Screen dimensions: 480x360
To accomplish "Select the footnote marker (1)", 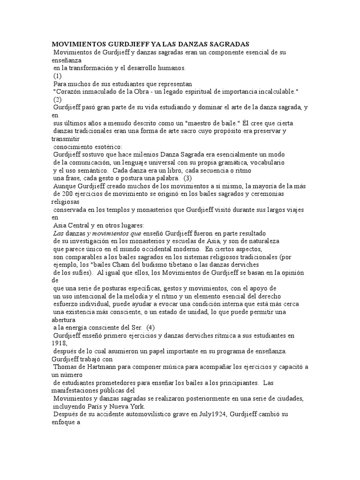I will [57, 75].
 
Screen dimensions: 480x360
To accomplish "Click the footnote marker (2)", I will [57, 99].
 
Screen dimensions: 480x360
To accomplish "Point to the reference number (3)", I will [187, 179].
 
